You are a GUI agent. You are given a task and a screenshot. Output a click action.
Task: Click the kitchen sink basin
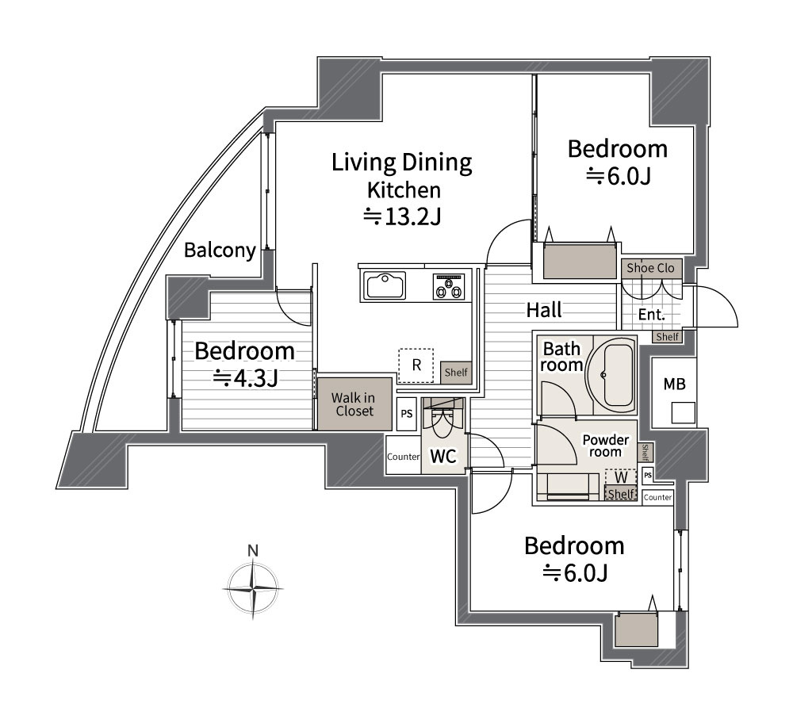[x=386, y=285]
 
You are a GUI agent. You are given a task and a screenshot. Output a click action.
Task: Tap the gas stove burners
[x=448, y=286]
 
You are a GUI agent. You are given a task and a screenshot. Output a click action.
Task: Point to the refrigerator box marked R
[x=416, y=365]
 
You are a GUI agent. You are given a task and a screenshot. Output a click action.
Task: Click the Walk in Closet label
[x=354, y=404]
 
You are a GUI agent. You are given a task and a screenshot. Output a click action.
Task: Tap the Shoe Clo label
[x=650, y=268]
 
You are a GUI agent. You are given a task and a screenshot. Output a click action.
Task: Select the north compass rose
[x=253, y=588]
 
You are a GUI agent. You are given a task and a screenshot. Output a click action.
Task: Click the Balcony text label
[x=220, y=250]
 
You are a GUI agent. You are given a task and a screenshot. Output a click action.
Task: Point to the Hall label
[x=544, y=310]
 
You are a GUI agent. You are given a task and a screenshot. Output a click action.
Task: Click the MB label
[x=674, y=384]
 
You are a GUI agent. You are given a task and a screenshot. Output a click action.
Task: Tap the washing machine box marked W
[x=621, y=477]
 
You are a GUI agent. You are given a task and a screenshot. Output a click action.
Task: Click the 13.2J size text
[x=403, y=217]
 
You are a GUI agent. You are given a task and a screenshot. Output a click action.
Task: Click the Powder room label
[x=605, y=446]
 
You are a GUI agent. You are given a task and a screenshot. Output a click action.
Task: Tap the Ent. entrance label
[x=651, y=315]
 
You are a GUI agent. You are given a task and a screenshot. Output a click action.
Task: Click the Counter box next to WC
[x=404, y=456]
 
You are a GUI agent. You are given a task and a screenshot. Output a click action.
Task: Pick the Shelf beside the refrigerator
[x=456, y=373]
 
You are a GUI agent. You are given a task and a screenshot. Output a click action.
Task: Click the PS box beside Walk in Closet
[x=407, y=414]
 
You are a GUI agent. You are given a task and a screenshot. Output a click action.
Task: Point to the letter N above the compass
[x=253, y=551]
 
